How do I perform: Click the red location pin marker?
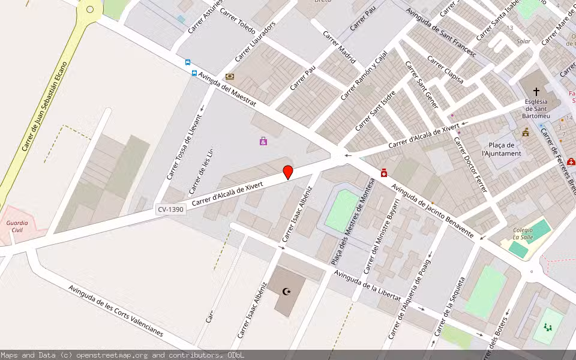point(288,172)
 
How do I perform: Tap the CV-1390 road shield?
point(170,209)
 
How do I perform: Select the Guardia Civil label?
point(17,226)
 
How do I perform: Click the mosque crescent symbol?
point(287,292)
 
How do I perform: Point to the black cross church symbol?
point(536,92)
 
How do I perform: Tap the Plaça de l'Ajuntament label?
point(502,149)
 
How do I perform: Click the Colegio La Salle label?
point(523,233)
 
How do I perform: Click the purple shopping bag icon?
point(263,142)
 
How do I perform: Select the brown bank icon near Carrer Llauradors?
point(229,77)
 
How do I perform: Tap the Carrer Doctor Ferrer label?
point(470,165)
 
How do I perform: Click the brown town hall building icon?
point(526,132)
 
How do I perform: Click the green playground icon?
point(547,327)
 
